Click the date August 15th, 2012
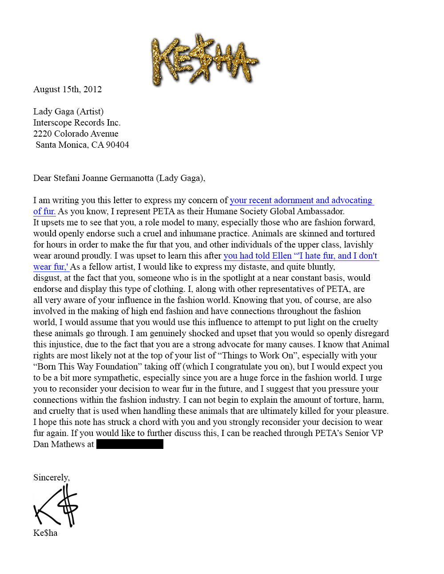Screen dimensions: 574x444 tap(67, 89)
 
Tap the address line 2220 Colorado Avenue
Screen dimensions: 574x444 tap(75, 134)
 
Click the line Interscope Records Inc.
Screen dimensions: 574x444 tap(77, 123)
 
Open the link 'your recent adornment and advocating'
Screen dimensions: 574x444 tap(301, 201)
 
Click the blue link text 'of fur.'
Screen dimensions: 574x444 tap(44, 212)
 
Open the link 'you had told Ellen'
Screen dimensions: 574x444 tap(258, 256)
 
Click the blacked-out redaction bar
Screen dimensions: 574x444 tap(130, 444)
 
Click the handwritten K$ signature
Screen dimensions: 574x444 tap(56, 506)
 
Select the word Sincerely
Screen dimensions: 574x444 tap(51, 478)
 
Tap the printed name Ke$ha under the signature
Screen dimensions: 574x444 tap(45, 533)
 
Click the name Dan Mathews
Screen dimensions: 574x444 tap(59, 444)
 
